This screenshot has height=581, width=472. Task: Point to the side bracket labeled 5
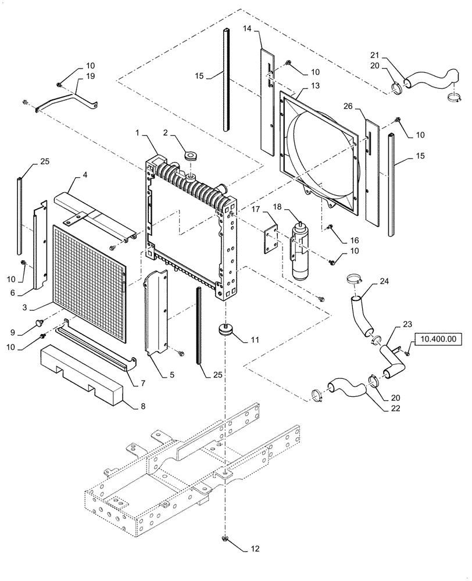[x=155, y=314]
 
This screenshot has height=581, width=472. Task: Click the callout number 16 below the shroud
[x=354, y=239]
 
